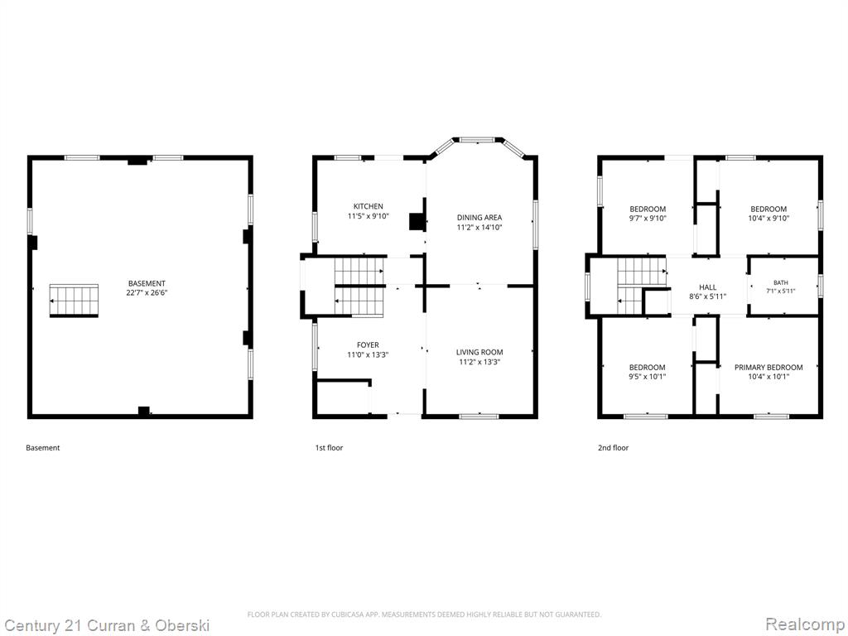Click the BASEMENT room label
pos(147,283)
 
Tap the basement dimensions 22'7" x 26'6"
pos(147,293)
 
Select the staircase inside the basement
pos(74,300)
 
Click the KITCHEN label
pos(369,206)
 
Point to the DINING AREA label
pos(479,218)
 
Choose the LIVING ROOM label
pos(479,352)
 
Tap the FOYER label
pos(368,345)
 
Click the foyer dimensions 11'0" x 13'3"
pos(368,354)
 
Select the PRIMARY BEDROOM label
pos(768,367)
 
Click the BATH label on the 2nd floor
pos(780,282)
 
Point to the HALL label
pos(707,287)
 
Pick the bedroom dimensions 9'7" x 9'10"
pos(648,219)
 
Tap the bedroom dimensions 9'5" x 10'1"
pos(648,377)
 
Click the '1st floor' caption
pos(329,448)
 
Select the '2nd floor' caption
pos(614,448)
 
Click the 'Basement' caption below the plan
pos(43,448)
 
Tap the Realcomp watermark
pos(806,624)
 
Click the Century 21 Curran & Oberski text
pos(106,626)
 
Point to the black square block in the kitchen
pos(417,222)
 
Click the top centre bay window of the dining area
pos(476,140)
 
